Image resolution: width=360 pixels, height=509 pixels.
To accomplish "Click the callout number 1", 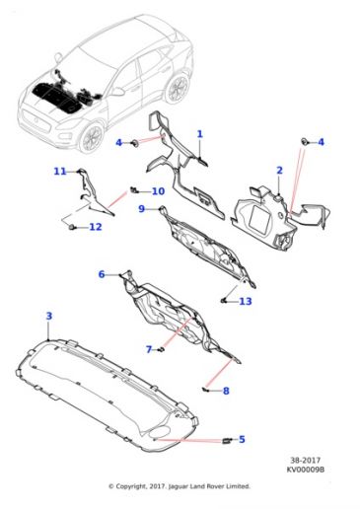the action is coord(199,134).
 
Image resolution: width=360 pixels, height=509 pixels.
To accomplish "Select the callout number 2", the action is coord(279,171).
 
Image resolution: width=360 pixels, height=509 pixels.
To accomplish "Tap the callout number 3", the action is coord(49,316).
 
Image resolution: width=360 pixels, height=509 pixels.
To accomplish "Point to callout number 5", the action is coord(242,439).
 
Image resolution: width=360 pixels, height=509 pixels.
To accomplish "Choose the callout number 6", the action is coord(102,274).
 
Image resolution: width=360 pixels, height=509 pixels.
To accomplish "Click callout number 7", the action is coord(149,349).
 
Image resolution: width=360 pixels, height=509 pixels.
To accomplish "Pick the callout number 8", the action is coord(226,391).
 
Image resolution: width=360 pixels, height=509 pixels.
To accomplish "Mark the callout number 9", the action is coord(141,208).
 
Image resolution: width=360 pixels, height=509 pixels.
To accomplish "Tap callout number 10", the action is coord(158,191).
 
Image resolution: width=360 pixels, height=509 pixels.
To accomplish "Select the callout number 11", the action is coord(60,171).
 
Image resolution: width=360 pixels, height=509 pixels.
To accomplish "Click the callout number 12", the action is coord(96,227).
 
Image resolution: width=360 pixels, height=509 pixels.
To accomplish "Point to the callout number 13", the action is coord(246,301).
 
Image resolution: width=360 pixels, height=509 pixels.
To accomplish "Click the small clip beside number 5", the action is coord(227,440).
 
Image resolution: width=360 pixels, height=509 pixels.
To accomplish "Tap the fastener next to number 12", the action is coord(71,227).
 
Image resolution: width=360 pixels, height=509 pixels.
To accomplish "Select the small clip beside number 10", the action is coord(133,189).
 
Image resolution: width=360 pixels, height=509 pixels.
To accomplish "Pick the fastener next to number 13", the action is coord(223,300).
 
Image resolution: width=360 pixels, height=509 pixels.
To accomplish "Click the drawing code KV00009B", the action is coord(306,470).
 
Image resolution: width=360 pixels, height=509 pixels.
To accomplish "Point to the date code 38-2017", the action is coord(306,460).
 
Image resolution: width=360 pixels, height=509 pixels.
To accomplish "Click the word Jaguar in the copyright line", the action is coord(179,486).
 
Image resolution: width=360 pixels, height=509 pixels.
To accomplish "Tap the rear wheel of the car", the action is coord(178,89).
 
